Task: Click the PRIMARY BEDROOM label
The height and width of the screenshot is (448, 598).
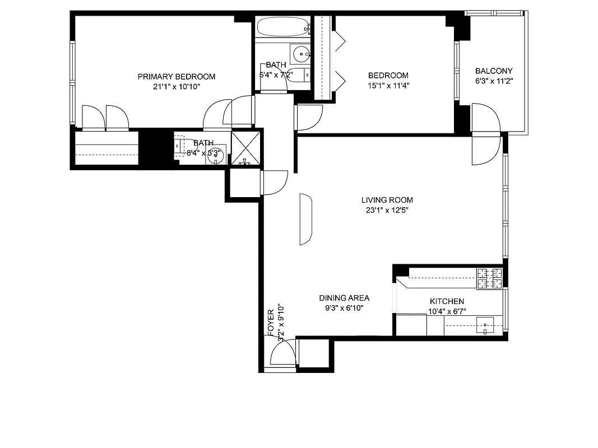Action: click(177, 77)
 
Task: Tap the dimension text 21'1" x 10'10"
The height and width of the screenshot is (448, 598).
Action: click(177, 87)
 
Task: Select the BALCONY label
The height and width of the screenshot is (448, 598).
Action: click(494, 71)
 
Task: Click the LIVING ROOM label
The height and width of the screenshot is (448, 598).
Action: click(387, 200)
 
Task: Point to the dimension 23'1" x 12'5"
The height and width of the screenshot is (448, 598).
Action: click(387, 211)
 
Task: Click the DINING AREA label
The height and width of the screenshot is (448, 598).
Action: click(344, 298)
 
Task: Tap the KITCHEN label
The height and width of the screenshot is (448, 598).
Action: click(447, 301)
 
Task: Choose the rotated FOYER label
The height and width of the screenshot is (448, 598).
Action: click(271, 323)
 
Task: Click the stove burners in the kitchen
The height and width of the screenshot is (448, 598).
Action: click(489, 279)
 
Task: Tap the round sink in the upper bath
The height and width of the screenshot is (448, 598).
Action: click(302, 54)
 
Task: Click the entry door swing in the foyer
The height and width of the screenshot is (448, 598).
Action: click(282, 354)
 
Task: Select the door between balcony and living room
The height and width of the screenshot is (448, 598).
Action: click(485, 149)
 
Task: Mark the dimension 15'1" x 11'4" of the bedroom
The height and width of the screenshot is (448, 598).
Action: click(388, 86)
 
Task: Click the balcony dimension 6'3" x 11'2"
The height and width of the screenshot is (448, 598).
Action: click(494, 81)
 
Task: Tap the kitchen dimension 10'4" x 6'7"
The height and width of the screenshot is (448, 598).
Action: click(447, 311)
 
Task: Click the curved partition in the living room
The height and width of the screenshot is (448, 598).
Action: click(305, 219)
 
